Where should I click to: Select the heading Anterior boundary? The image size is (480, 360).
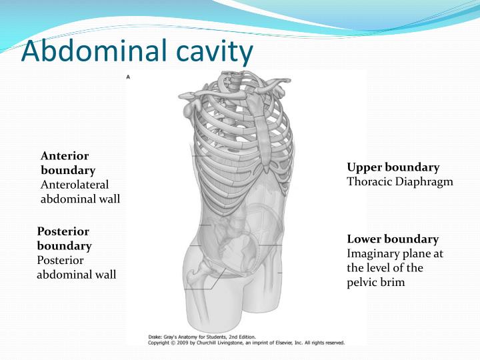67,163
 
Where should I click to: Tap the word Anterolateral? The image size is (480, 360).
74,184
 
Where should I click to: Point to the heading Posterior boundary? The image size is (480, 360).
64,239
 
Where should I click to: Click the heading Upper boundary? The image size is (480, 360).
393,167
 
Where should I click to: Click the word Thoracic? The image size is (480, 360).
367,181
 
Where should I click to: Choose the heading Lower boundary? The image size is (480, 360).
393,239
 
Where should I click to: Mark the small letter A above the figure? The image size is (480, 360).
128,77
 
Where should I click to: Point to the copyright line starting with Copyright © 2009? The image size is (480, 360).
246,343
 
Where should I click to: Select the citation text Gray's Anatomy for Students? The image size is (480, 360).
200,337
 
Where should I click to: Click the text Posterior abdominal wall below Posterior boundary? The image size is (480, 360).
76,267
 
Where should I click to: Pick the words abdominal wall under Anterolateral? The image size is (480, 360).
80,198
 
